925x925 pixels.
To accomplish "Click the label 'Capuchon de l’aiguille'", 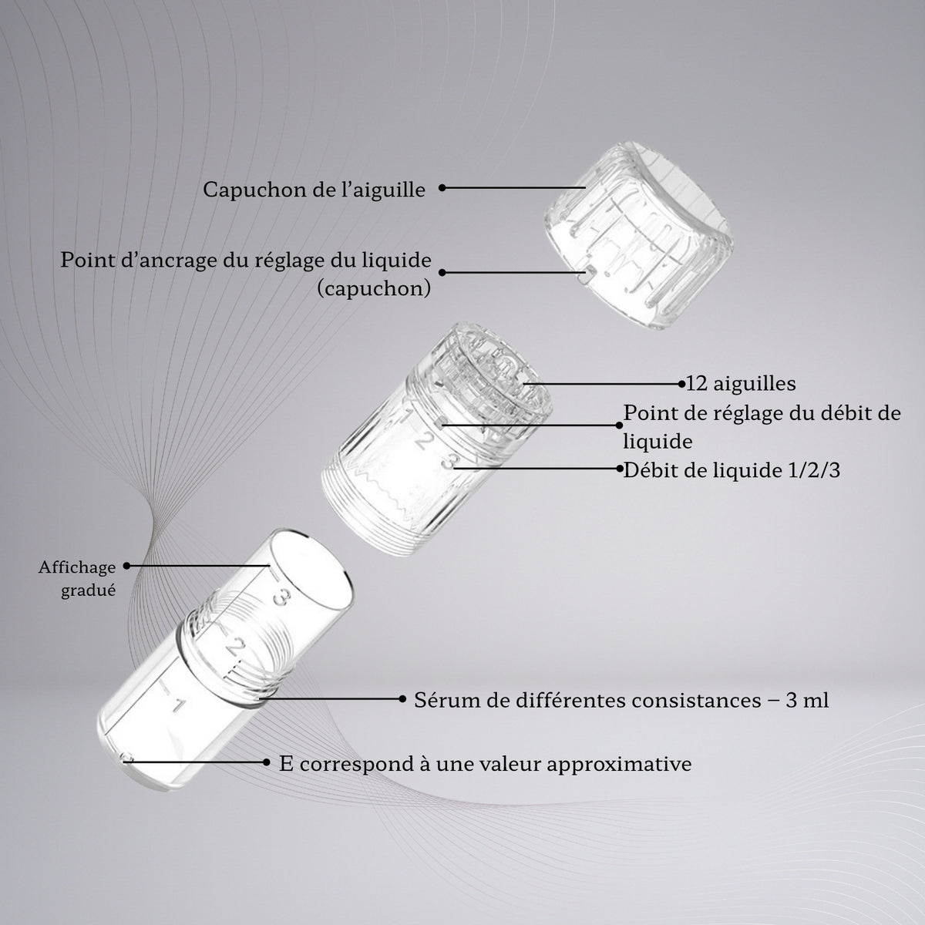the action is (314, 189).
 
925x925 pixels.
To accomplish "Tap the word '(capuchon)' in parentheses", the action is (374, 288).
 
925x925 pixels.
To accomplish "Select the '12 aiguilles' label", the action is (741, 384).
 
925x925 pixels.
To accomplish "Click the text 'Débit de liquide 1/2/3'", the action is (732, 470).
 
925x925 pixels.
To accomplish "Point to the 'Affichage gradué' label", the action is (77, 578).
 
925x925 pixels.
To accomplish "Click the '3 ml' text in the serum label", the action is (807, 701).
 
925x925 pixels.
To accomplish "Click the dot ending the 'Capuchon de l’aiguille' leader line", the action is (442, 187).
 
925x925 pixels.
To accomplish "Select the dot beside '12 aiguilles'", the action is (681, 384).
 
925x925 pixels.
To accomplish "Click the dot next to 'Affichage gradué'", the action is (126, 566).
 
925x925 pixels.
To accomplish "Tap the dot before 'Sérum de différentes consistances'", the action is (402, 699).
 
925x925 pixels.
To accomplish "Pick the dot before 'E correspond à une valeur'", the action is (267, 762).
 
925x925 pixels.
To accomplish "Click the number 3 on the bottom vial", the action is (282, 599).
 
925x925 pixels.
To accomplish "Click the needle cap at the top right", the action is (638, 235).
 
